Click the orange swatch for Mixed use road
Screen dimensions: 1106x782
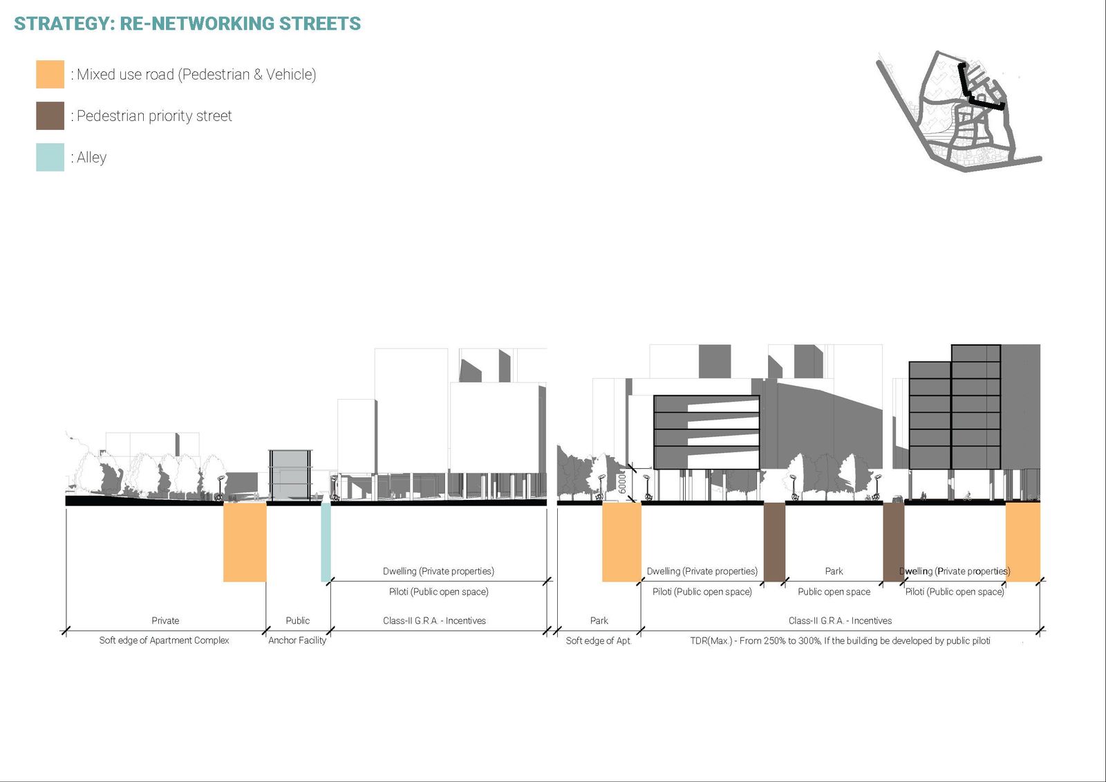(x=50, y=74)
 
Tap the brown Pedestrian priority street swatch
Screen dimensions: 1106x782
(x=50, y=115)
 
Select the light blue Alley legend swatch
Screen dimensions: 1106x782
(x=50, y=157)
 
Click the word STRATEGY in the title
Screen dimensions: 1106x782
(x=64, y=24)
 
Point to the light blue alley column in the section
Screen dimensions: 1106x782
(x=326, y=542)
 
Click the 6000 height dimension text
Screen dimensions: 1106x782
(x=622, y=482)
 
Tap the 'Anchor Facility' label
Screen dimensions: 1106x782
(x=297, y=640)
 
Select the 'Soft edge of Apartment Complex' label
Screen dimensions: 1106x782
(x=164, y=640)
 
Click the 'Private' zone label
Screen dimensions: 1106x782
(x=165, y=620)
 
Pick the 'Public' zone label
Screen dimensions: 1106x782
(x=298, y=620)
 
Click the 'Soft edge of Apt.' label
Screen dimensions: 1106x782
(x=599, y=641)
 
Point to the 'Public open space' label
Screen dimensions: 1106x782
(x=834, y=592)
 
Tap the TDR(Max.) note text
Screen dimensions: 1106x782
(x=840, y=641)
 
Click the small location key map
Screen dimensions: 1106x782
(x=959, y=111)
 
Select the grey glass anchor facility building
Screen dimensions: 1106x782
(x=290, y=476)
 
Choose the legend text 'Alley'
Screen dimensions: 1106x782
(x=91, y=158)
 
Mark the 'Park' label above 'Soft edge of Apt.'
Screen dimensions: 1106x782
(x=599, y=620)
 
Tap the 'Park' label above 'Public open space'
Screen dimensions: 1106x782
(x=834, y=571)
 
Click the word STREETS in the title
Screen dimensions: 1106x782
(x=320, y=24)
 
